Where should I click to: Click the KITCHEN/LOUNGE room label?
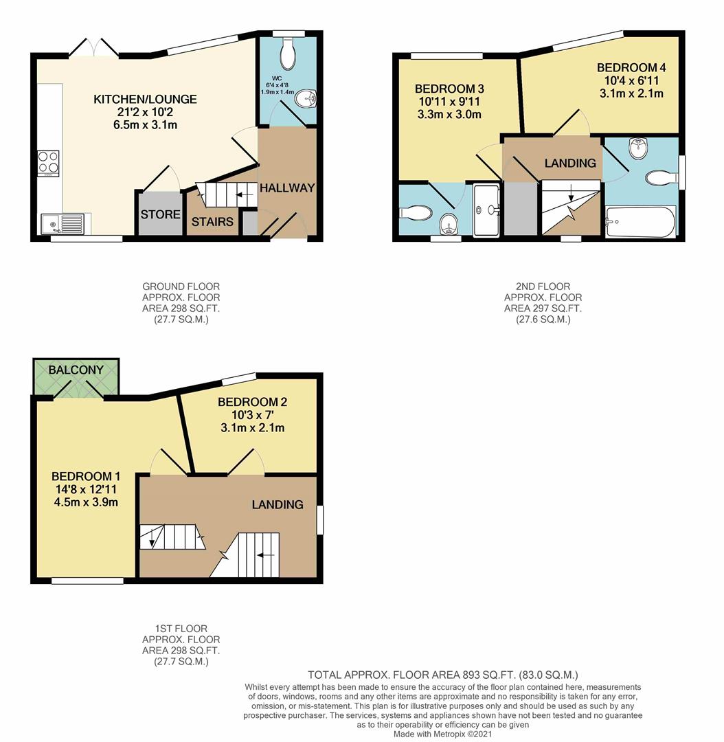coord(145,100)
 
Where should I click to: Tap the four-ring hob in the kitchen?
coord(48,163)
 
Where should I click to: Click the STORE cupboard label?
coord(160,215)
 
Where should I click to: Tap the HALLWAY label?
coord(287,188)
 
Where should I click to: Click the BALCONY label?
coord(76,370)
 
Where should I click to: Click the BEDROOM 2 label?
coord(251,402)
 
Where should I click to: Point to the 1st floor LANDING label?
coord(277,504)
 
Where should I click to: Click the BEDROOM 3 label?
coord(450,89)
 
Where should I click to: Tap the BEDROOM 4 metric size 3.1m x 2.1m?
coord(630,93)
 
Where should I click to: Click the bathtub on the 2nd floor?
coord(640,221)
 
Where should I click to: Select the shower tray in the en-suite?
coord(488,210)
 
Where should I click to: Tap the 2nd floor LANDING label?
coord(570,163)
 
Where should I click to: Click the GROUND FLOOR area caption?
coord(181,302)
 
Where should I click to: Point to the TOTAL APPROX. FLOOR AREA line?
coord(447,675)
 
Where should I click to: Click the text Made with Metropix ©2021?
coord(442,734)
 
